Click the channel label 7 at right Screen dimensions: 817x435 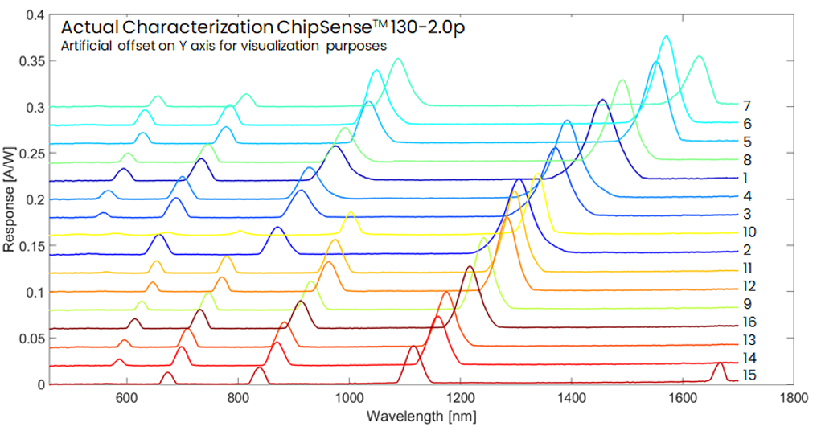pos(747,106)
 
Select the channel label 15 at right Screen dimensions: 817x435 pos(749,375)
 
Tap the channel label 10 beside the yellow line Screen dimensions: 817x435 pos(749,232)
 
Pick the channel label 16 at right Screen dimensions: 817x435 pos(749,322)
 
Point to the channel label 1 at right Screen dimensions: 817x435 pos(745,179)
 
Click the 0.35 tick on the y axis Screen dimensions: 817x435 pos(31,61)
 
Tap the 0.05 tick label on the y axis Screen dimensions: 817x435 pos(31,339)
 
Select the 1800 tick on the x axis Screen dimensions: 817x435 pos(794,398)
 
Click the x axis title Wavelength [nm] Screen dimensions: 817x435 pos(421,417)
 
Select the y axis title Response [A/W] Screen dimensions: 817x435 pos(9,200)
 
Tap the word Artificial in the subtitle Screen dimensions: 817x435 pos(86,46)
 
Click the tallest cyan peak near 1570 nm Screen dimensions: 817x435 pos(666,36)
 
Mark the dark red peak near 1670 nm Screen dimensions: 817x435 pos(720,363)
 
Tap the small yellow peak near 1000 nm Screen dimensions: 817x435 pos(351,212)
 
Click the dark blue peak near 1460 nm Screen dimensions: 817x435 pos(602,100)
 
